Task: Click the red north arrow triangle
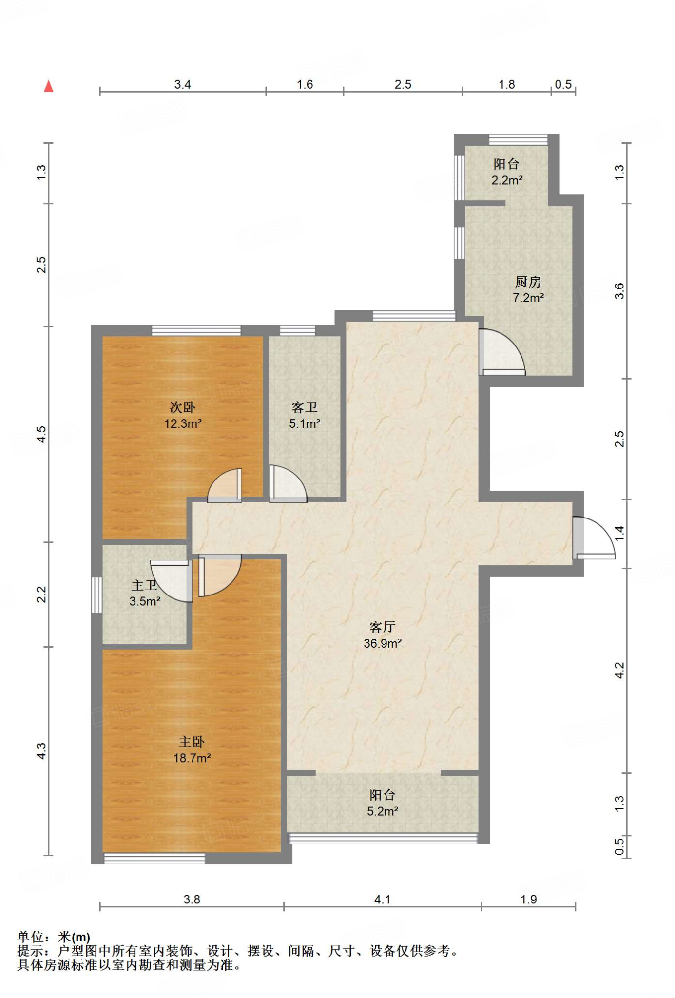click(x=49, y=86)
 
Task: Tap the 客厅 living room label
click(x=382, y=627)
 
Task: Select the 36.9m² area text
click(x=383, y=643)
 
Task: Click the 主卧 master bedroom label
click(x=192, y=742)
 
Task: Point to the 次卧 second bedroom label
click(x=183, y=407)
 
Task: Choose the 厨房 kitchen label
click(x=528, y=282)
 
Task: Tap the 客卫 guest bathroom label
click(x=305, y=407)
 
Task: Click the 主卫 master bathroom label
click(x=144, y=585)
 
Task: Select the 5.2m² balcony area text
click(x=383, y=811)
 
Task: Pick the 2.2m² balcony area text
click(x=507, y=180)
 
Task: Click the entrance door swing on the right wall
click(x=594, y=537)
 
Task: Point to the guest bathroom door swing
click(x=288, y=483)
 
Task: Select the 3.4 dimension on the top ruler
click(x=183, y=84)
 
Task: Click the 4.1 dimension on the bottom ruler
click(x=383, y=899)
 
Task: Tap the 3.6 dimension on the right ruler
click(x=619, y=291)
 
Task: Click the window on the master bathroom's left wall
click(x=96, y=595)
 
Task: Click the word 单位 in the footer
click(x=30, y=937)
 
